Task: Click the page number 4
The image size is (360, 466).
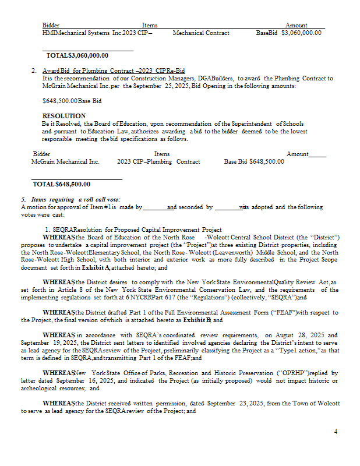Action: [336, 431]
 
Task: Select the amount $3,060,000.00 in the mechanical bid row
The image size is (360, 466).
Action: [301, 33]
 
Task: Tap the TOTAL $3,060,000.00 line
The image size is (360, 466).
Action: [77, 55]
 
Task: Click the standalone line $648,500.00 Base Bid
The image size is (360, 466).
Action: [72, 101]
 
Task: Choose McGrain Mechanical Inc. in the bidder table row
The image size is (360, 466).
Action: [65, 161]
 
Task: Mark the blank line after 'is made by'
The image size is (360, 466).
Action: [154, 207]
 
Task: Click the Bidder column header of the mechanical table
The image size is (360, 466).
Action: [51, 25]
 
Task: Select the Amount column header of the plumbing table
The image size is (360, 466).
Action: [298, 154]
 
